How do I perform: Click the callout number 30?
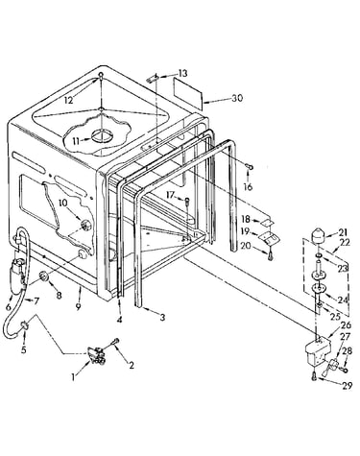click(237, 98)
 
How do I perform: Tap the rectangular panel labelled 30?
click(188, 92)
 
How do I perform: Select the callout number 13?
click(182, 73)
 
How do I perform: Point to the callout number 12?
click(68, 100)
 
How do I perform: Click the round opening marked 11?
click(103, 135)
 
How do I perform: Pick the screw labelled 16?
click(249, 166)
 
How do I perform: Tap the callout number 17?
click(171, 195)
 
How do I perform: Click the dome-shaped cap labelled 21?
click(318, 237)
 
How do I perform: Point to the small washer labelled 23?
click(320, 255)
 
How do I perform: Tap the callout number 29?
click(347, 386)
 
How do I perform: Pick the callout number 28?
click(348, 351)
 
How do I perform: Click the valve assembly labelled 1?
click(96, 355)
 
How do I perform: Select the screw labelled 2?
click(115, 342)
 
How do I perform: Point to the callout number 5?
click(24, 349)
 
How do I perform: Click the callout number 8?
click(59, 295)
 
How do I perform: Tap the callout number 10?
click(62, 203)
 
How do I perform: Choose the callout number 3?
click(162, 317)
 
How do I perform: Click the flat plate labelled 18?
click(269, 221)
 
